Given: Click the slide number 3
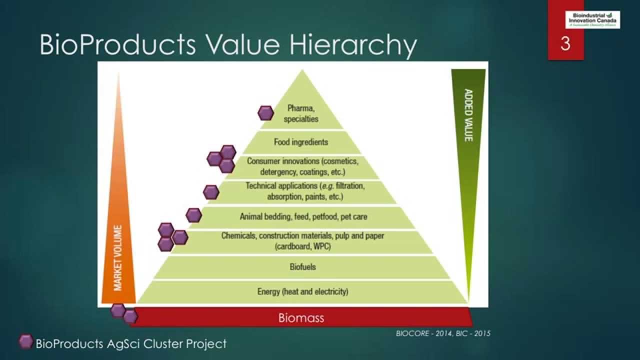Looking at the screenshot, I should (565, 44).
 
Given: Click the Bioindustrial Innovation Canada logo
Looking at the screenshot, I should (592, 19).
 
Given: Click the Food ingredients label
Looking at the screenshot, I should (301, 142).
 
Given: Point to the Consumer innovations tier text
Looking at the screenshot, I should (302, 166).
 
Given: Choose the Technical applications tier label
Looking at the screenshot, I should (305, 191).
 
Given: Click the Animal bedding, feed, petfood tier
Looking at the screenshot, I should (303, 217).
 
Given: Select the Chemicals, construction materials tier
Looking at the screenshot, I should (302, 240).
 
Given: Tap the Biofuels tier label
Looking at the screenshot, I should (302, 266).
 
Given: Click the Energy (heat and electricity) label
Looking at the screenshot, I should (302, 291).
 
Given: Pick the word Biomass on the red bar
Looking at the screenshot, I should (301, 317).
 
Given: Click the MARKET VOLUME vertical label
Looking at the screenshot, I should (118, 257).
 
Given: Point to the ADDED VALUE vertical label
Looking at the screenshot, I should (468, 115).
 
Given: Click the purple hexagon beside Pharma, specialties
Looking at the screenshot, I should (265, 113).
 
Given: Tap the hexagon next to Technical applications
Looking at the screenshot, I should (211, 191).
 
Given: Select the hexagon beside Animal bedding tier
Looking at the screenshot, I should (193, 215).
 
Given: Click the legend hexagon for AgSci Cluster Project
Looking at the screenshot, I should (26, 342).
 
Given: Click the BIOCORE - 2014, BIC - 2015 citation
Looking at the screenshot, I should (443, 333).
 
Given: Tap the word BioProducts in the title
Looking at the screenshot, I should (117, 44).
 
